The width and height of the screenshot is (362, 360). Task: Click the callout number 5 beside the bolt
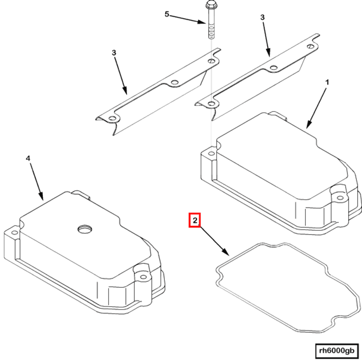click(x=167, y=14)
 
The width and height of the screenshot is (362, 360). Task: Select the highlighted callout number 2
click(x=195, y=220)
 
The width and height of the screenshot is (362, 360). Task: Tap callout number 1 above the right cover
click(x=327, y=82)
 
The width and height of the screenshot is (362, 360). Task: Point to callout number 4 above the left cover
click(x=28, y=158)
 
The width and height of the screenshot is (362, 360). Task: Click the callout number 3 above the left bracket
click(x=113, y=53)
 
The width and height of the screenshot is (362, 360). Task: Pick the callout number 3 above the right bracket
click(x=262, y=17)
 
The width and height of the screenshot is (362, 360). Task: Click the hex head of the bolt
click(x=210, y=4)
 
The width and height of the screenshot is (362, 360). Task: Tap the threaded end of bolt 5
click(x=211, y=32)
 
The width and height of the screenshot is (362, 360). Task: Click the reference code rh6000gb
click(x=336, y=350)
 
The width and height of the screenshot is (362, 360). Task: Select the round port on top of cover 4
click(x=84, y=229)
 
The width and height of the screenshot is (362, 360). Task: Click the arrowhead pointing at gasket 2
click(x=226, y=252)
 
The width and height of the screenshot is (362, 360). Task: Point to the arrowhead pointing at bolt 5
click(x=201, y=22)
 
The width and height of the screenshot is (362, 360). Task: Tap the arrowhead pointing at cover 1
click(x=309, y=125)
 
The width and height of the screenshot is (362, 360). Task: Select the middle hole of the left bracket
click(x=174, y=82)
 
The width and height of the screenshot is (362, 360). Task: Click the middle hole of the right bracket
click(x=274, y=68)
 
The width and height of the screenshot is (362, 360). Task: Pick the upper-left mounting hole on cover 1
click(x=211, y=153)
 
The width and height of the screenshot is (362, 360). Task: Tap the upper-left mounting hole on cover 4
click(x=15, y=232)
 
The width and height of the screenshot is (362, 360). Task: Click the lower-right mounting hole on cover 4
click(x=143, y=277)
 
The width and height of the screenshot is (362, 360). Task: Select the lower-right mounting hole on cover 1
click(x=340, y=198)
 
